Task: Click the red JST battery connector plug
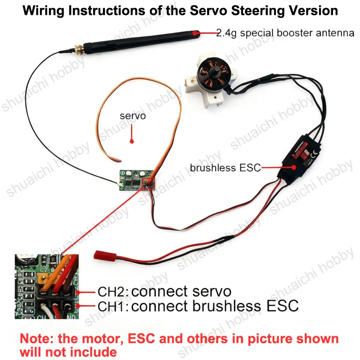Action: click(x=105, y=256)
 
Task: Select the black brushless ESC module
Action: click(x=299, y=158)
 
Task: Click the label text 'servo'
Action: click(x=133, y=116)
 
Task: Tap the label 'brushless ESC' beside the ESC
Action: click(x=225, y=168)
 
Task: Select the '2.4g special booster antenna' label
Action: click(x=285, y=33)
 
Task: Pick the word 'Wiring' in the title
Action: click(x=43, y=11)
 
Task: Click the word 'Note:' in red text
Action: click(x=37, y=339)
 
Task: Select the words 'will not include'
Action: click(x=68, y=352)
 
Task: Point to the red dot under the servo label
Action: click(x=132, y=141)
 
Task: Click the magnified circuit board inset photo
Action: click(x=47, y=287)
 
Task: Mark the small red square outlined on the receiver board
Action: click(x=148, y=184)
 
